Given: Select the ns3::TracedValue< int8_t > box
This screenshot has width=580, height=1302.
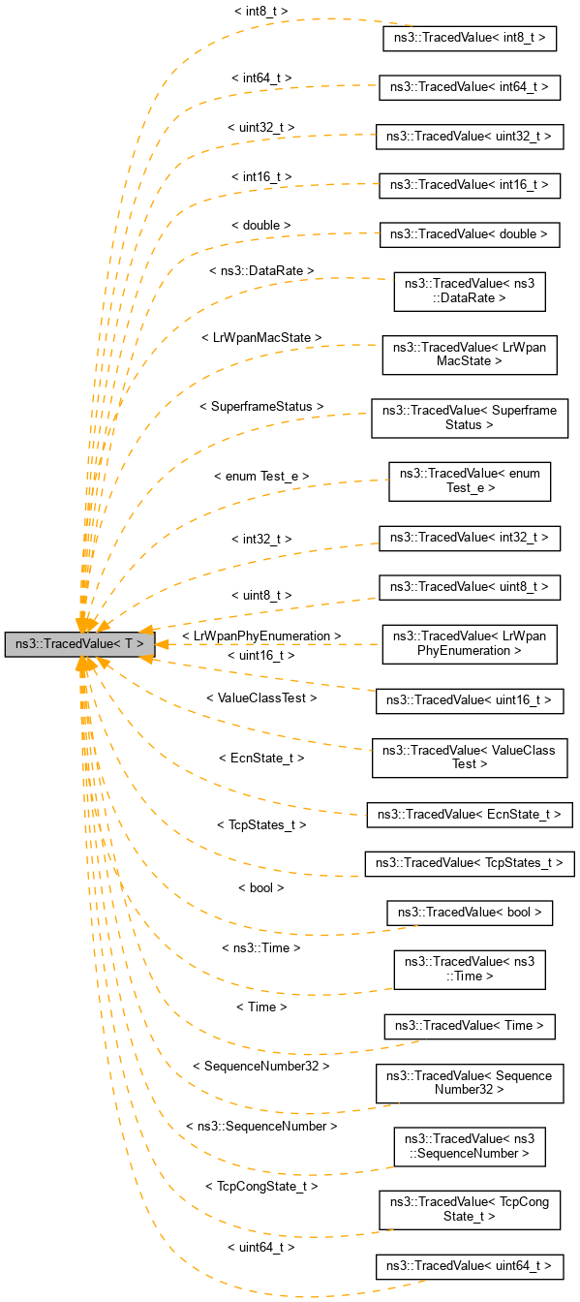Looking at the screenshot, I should pyautogui.click(x=470, y=39).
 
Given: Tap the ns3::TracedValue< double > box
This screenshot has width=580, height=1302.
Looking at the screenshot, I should pyautogui.click(x=470, y=234).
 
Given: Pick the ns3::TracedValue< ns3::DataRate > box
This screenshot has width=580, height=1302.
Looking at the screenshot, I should pyautogui.click(x=470, y=292).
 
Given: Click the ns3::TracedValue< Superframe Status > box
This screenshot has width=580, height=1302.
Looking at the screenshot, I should pyautogui.click(x=470, y=418).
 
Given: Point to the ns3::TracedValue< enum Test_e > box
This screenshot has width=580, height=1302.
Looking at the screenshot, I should pyautogui.click(x=470, y=481).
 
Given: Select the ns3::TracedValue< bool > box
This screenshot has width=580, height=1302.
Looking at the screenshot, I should pyautogui.click(x=470, y=913).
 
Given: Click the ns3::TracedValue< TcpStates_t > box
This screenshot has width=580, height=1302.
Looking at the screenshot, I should pyautogui.click(x=470, y=862).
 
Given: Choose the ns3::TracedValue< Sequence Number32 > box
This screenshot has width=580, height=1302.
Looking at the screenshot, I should pyautogui.click(x=470, y=1082).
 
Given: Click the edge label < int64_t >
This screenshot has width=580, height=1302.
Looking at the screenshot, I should pyautogui.click(x=261, y=77).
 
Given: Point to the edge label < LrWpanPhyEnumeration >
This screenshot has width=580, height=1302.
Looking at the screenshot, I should pyautogui.click(x=261, y=635).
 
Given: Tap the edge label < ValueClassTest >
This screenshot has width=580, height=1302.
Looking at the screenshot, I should pyautogui.click(x=261, y=697).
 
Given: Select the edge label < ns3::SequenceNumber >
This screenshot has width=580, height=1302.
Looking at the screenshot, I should pyautogui.click(x=261, y=1127).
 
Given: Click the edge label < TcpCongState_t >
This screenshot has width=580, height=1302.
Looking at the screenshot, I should pyautogui.click(x=261, y=1186).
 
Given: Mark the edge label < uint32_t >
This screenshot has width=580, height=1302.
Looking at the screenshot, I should pyautogui.click(x=261, y=127).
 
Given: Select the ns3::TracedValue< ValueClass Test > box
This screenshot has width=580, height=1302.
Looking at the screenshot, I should pyautogui.click(x=470, y=757).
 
